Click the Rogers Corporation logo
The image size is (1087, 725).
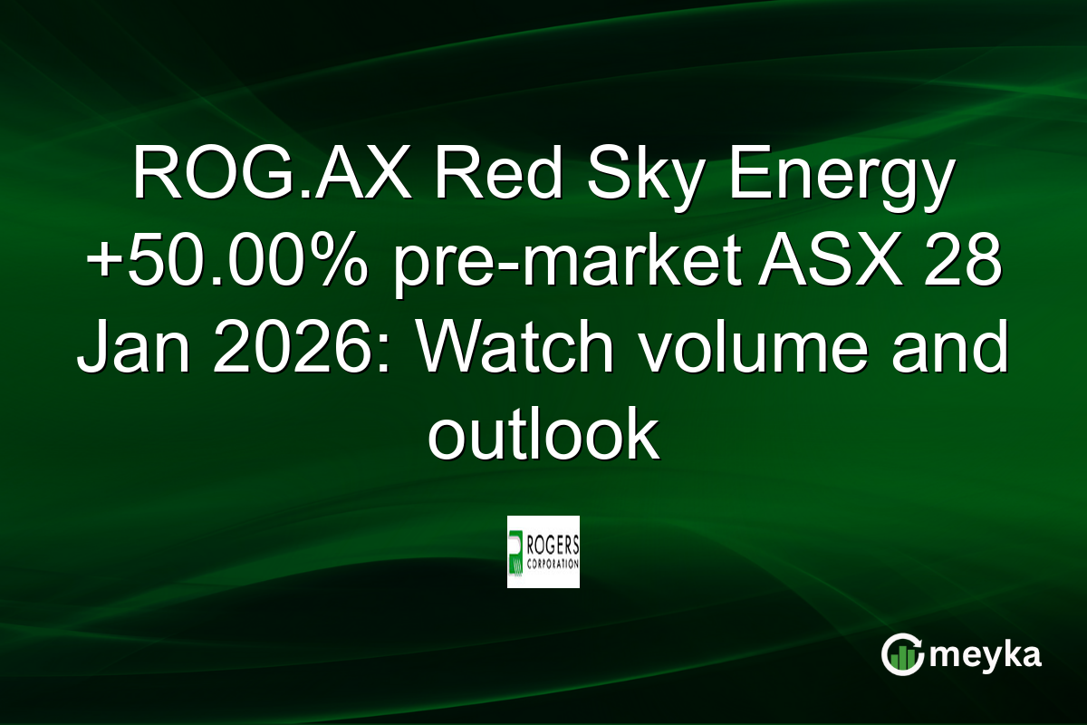(x=543, y=552)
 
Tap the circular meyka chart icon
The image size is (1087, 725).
(x=903, y=655)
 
